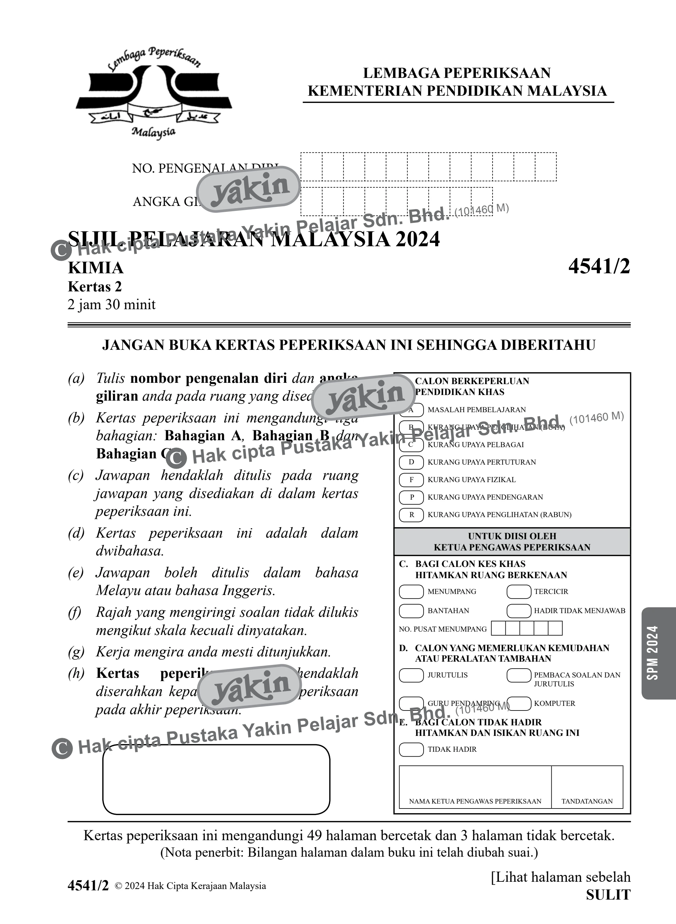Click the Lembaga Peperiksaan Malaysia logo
pyautogui.click(x=154, y=93)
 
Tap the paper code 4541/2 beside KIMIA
pyautogui.click(x=599, y=267)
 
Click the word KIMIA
pyautogui.click(x=96, y=268)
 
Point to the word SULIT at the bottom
pyautogui.click(x=608, y=895)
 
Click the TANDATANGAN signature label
pyautogui.click(x=587, y=801)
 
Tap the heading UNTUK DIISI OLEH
pyautogui.click(x=512, y=536)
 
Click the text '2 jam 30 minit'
pyautogui.click(x=112, y=305)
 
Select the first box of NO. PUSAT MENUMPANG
pyautogui.click(x=498, y=628)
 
